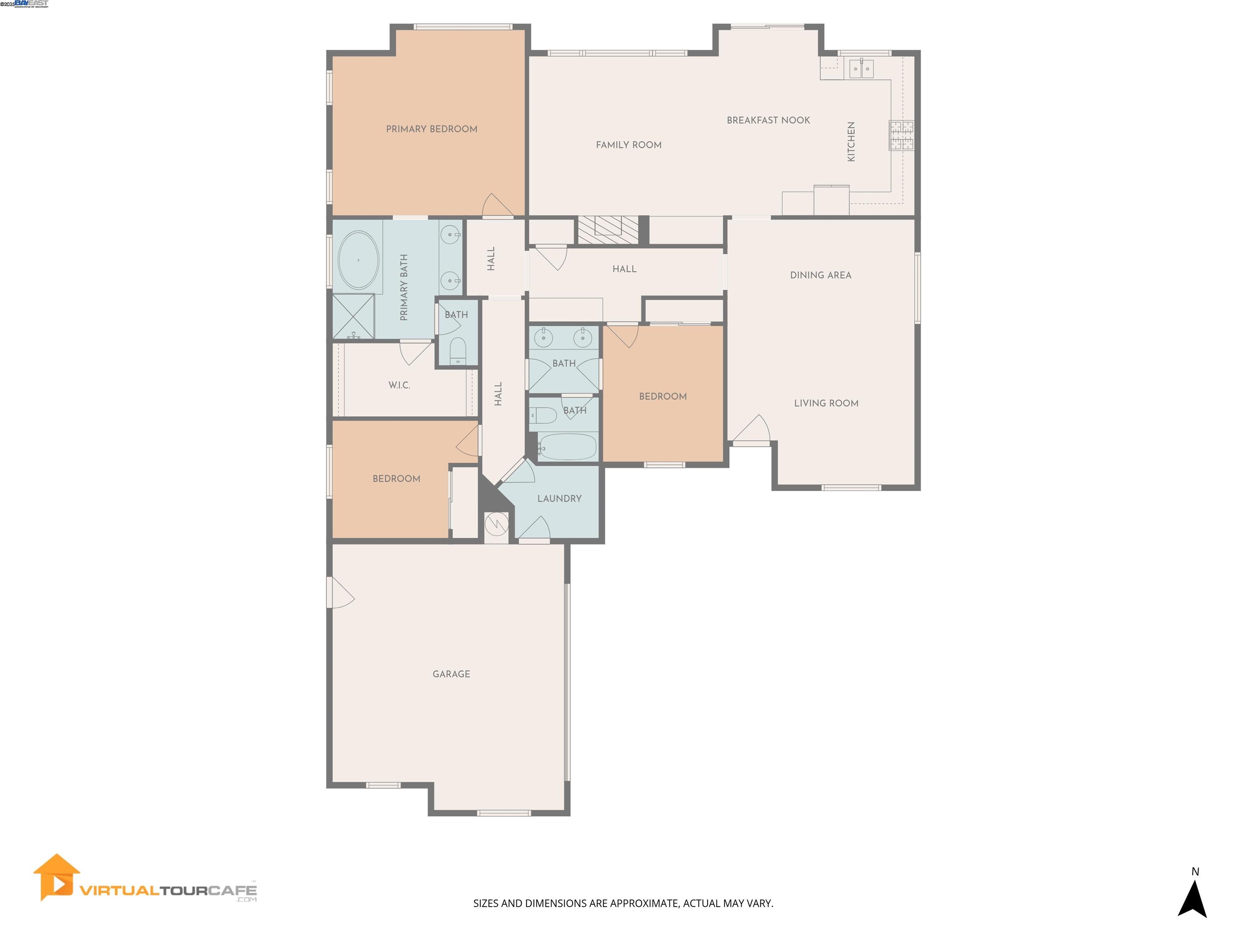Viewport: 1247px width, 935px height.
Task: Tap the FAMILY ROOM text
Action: pyautogui.click(x=628, y=145)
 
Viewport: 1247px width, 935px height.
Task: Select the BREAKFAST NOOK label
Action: pyautogui.click(x=768, y=120)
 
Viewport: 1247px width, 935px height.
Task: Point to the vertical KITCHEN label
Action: pyautogui.click(x=851, y=142)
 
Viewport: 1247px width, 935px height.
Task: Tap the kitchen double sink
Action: pyautogui.click(x=861, y=69)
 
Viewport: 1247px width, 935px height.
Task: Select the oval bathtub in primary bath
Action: pyautogui.click(x=358, y=261)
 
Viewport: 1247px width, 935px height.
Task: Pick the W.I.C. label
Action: pyautogui.click(x=399, y=385)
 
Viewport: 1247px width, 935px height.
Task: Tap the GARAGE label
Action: pyautogui.click(x=451, y=674)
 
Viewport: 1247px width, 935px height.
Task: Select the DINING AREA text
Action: pyautogui.click(x=820, y=275)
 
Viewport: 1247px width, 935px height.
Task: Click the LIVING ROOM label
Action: pyautogui.click(x=826, y=403)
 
